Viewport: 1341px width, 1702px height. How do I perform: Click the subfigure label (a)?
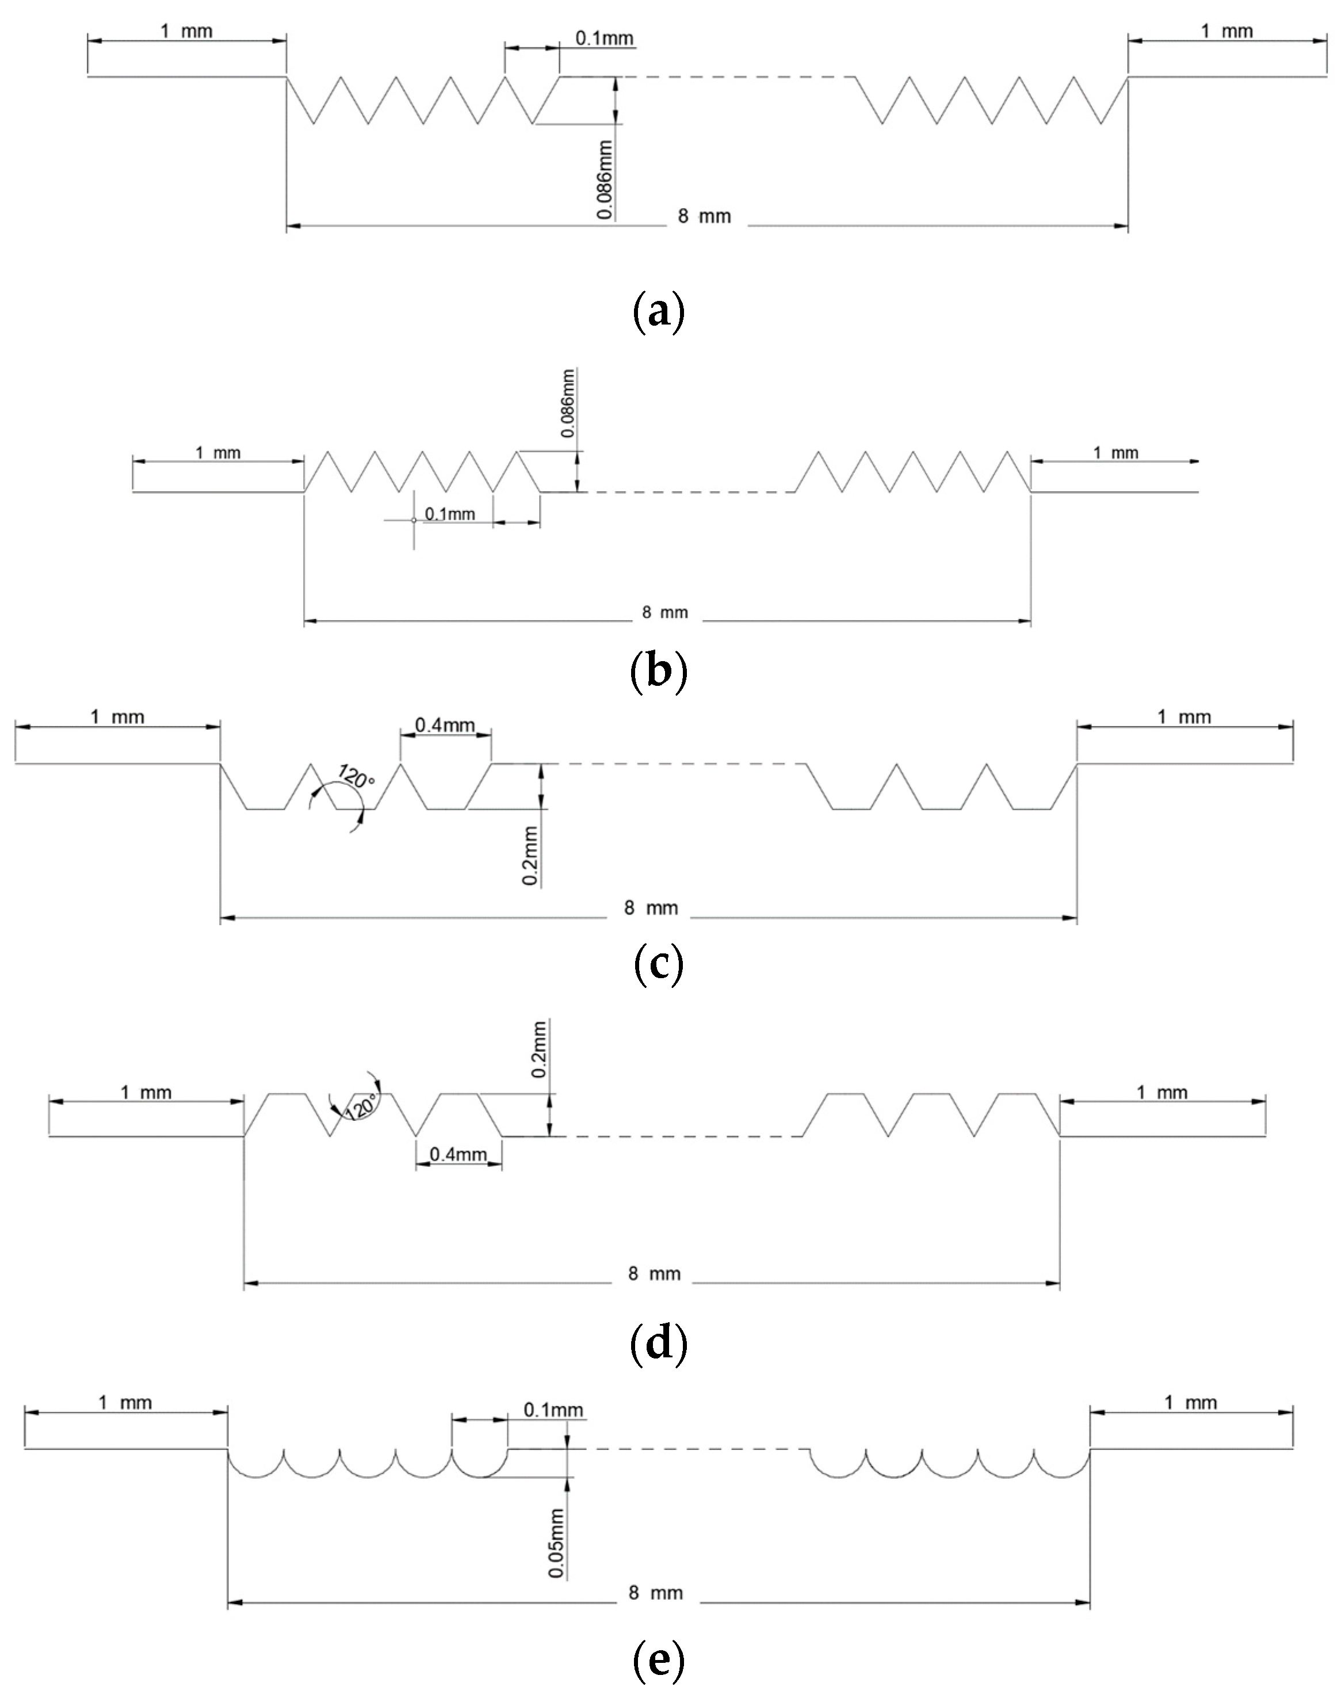click(658, 312)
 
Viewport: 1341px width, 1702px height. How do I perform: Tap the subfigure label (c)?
click(658, 966)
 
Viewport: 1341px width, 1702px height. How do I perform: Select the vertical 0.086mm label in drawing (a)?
click(605, 180)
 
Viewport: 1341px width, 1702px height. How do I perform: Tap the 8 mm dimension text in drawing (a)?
click(704, 217)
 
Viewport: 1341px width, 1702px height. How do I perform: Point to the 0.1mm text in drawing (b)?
click(450, 514)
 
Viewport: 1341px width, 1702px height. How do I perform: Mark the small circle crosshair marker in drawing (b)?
click(414, 520)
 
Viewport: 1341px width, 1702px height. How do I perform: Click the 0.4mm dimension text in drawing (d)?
click(458, 1155)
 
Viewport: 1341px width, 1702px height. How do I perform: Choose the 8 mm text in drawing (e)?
click(656, 1593)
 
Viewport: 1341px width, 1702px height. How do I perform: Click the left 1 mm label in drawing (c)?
click(118, 717)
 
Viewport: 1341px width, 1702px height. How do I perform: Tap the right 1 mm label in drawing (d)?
click(1162, 1092)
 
